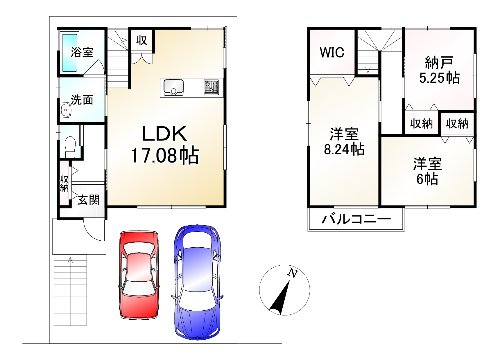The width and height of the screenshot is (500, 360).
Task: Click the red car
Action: (139, 275)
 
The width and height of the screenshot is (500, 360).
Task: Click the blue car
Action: (197, 282)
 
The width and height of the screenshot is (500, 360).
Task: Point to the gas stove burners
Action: (211, 87)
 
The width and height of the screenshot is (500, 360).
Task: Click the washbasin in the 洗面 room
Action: (66, 110)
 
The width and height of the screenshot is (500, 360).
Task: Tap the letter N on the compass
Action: (293, 273)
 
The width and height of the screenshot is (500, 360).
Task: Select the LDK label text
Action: (164, 134)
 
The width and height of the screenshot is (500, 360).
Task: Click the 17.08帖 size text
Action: (165, 156)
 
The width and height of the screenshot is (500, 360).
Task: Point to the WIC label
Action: (332, 53)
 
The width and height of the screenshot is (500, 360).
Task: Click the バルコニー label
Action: (356, 219)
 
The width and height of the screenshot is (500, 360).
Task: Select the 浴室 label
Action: (82, 52)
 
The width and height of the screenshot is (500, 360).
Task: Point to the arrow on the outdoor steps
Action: (70, 260)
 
